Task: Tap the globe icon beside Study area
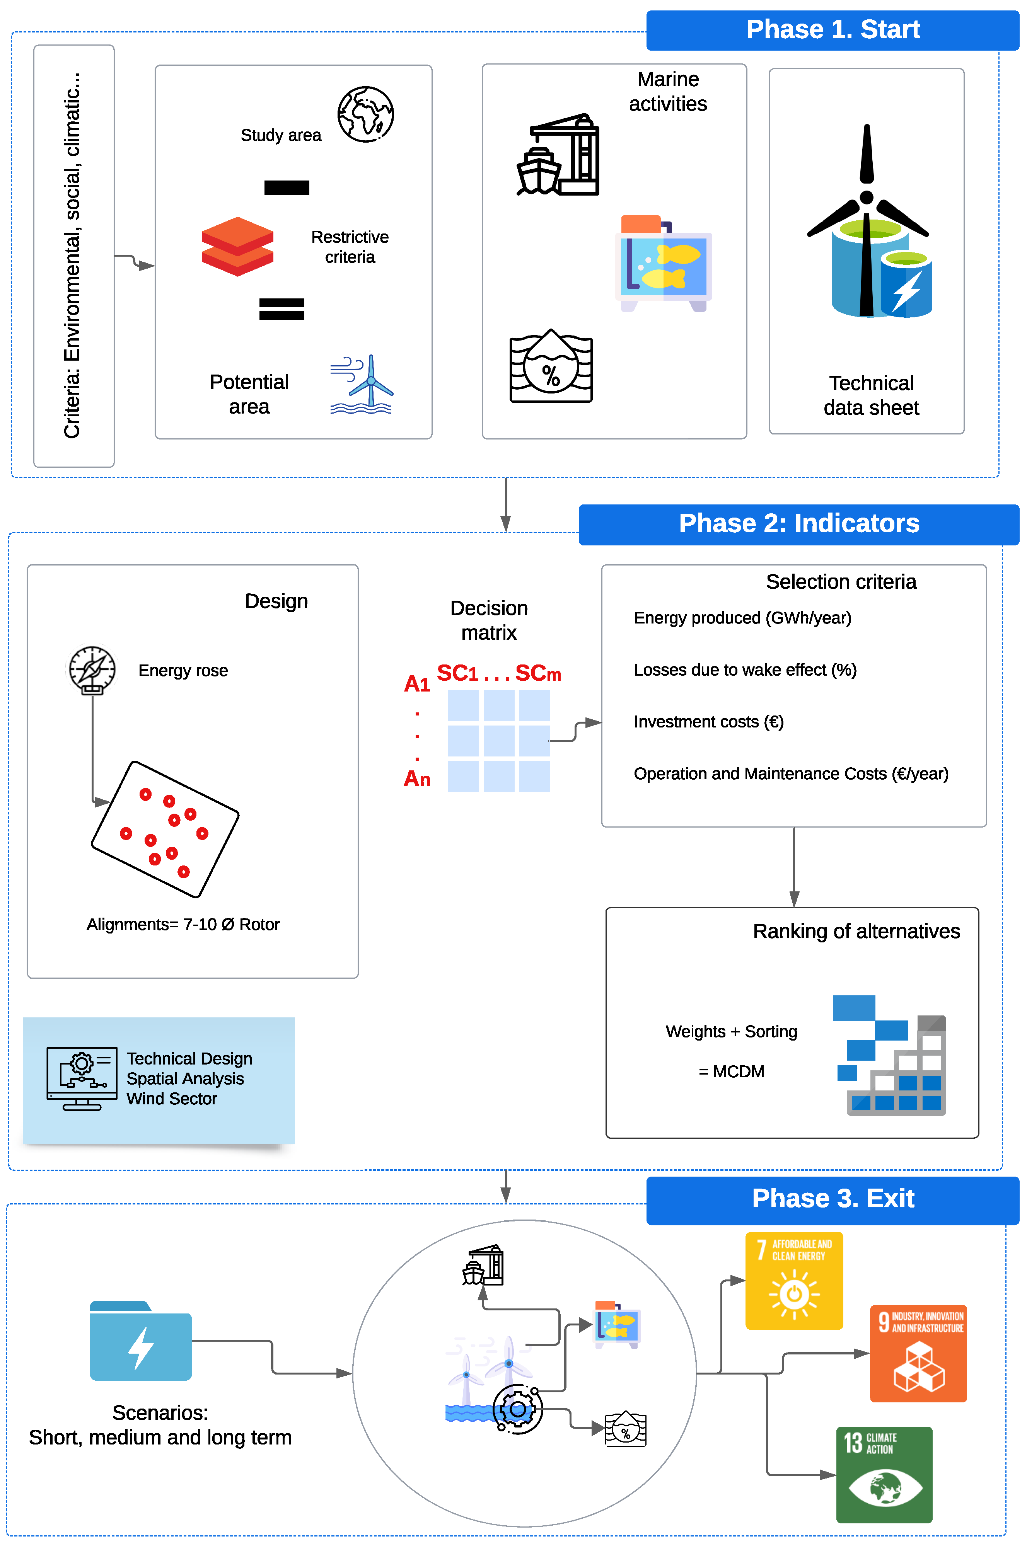(x=365, y=114)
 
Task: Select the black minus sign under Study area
(x=286, y=188)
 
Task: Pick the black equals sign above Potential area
(x=281, y=309)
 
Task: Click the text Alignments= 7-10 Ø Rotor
(x=183, y=924)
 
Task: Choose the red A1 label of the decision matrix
(x=416, y=683)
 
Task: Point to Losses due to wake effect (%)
(x=745, y=670)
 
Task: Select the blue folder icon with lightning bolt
(x=141, y=1341)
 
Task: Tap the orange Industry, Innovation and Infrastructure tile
(x=918, y=1353)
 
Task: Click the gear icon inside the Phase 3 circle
(x=517, y=1409)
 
